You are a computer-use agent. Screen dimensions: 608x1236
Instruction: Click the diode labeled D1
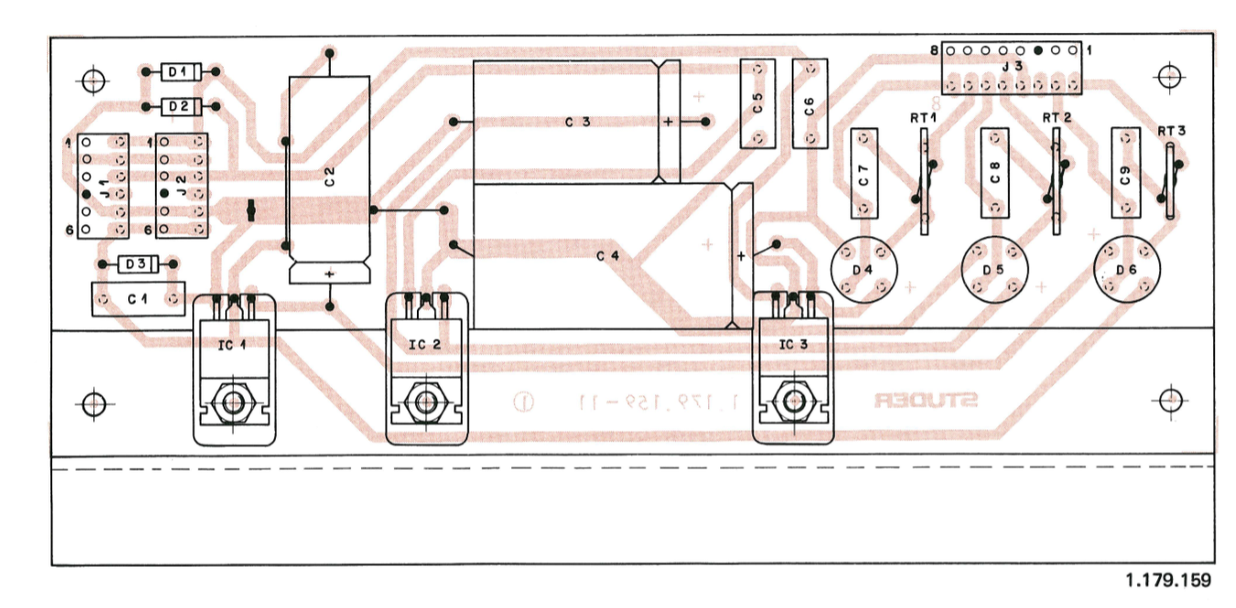(180, 71)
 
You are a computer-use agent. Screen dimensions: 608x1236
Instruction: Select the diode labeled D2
(180, 107)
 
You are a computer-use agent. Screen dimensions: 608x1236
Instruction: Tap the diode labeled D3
(137, 264)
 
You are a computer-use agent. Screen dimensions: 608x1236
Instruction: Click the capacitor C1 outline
(137, 299)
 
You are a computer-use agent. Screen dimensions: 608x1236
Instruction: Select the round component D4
(863, 269)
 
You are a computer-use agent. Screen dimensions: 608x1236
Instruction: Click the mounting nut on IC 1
(233, 401)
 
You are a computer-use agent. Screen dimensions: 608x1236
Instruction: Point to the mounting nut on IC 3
(791, 401)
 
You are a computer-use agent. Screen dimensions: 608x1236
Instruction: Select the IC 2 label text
(425, 345)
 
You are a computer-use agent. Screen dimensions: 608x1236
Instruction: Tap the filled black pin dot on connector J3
(1038, 51)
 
